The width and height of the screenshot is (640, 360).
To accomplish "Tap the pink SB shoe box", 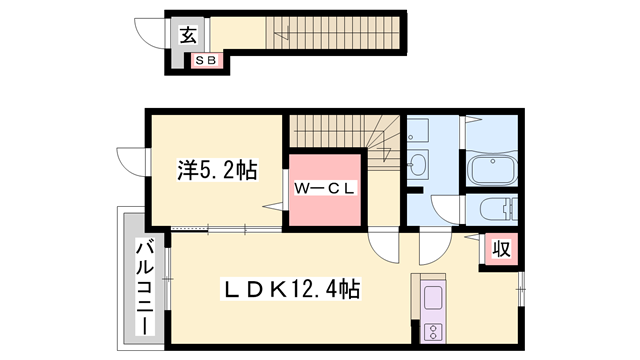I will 210,61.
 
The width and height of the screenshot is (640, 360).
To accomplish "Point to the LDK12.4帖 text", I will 290,290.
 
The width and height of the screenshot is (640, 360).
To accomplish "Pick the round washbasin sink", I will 417,163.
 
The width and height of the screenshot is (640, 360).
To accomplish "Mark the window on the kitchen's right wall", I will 519,297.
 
